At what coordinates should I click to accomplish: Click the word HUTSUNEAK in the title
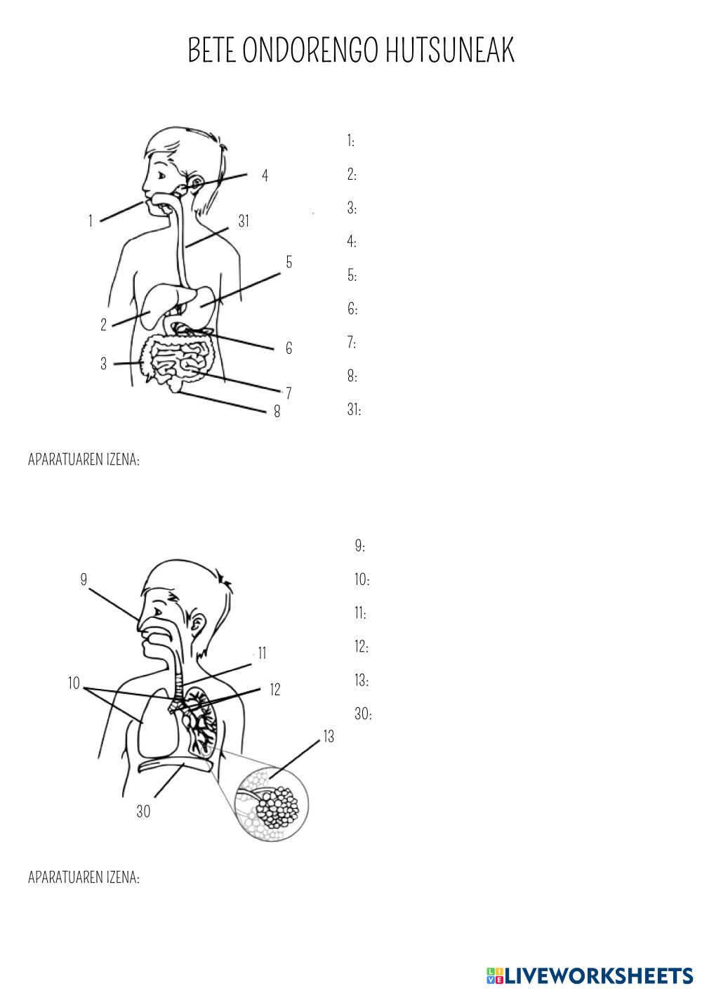point(450,50)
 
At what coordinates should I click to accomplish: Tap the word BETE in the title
point(212,50)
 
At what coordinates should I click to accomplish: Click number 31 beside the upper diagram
point(244,221)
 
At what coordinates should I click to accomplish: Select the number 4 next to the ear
point(265,176)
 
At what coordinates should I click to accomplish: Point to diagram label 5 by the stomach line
point(289,262)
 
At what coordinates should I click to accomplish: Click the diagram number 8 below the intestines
point(277,412)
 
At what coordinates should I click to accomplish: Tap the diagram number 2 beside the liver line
point(104,324)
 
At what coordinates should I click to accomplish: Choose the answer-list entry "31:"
point(354,409)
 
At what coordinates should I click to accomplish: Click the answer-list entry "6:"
point(352,308)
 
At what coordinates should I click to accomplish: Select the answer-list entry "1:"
point(350,141)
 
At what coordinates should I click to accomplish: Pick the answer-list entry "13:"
point(362,680)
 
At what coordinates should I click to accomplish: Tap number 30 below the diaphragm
point(143,811)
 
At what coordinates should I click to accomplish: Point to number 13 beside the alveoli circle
point(329,737)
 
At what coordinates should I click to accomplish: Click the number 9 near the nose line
point(84,579)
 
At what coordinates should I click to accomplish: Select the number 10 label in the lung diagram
point(74,683)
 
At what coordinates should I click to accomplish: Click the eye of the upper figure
point(161,176)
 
